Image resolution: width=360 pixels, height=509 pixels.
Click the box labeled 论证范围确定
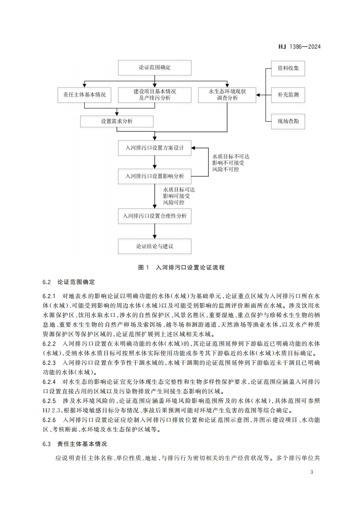[x=154, y=68]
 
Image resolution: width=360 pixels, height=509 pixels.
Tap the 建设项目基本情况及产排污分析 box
[x=154, y=94]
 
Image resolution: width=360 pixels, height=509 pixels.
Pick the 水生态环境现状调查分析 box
[x=227, y=94]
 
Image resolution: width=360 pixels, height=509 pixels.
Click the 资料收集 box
[x=288, y=69]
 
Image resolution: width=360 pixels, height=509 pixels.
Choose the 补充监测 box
[x=288, y=95]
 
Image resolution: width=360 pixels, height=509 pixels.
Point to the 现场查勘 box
[x=288, y=121]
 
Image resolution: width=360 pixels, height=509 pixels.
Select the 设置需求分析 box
[x=117, y=121]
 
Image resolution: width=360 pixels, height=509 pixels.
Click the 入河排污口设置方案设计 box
[x=154, y=148]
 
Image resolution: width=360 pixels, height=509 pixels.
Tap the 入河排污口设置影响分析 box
[x=154, y=175]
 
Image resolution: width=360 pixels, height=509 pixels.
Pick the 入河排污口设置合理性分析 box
[x=154, y=216]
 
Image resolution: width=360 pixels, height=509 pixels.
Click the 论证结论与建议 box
[x=154, y=246]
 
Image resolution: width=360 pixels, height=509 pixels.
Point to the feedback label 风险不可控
[x=225, y=169]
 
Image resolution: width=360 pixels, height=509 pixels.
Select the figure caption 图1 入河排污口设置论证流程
[x=181, y=268]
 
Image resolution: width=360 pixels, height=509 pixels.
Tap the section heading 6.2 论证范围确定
[x=69, y=282]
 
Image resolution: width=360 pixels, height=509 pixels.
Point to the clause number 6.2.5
[x=49, y=401]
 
